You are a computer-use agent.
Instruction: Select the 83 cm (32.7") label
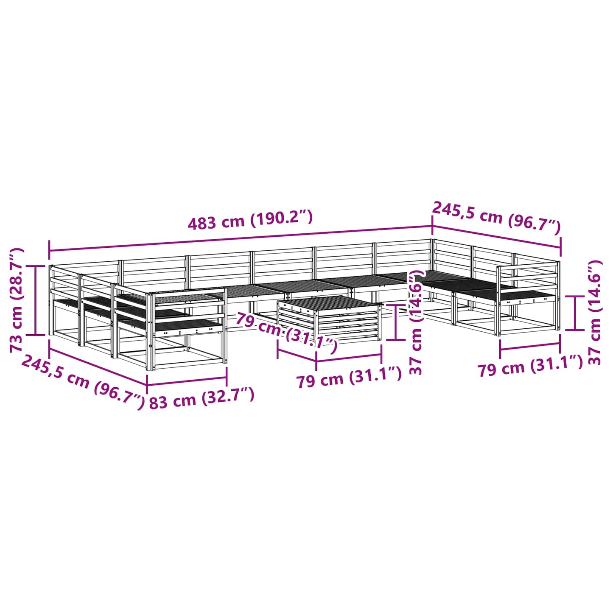pyautogui.click(x=202, y=399)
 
